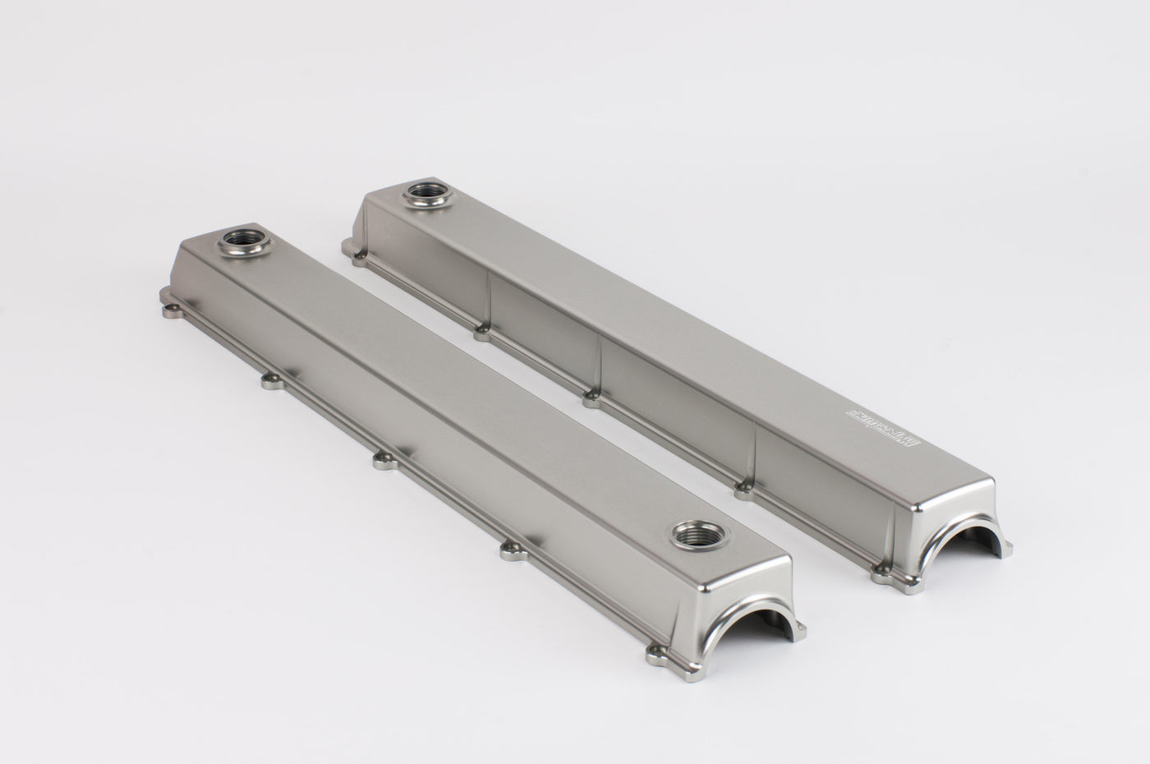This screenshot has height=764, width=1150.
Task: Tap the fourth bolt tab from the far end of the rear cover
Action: point(743,490)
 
